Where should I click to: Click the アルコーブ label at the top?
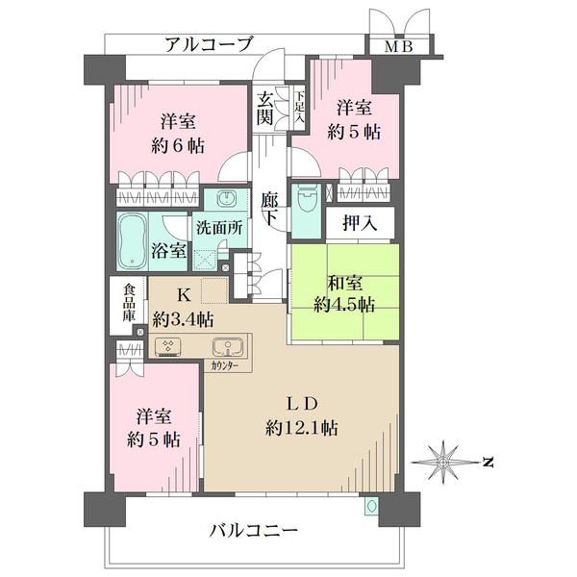[x=209, y=44]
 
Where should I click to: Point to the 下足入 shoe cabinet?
[x=299, y=107]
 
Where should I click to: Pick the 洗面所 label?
[x=217, y=230]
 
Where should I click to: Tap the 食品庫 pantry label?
[x=127, y=300]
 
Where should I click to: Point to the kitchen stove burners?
[x=168, y=347]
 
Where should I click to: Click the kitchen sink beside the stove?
[x=228, y=346]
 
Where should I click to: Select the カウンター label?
[x=227, y=366]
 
